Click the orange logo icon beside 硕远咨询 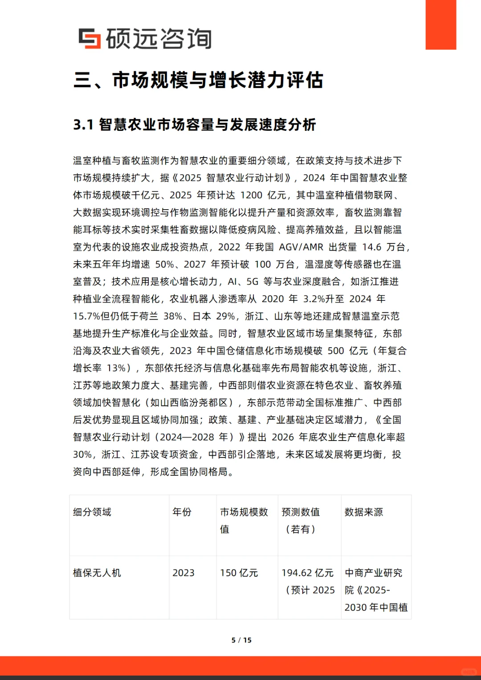90,38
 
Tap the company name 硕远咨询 159,39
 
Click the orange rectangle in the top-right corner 440,24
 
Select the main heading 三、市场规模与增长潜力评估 198,80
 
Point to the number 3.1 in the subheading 83,125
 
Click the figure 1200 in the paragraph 251,195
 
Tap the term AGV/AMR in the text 301,247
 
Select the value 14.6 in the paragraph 372,247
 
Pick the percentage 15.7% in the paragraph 87,316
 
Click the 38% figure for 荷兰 173,316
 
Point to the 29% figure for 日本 225,316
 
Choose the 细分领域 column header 92,512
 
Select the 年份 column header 182,512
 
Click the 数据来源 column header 363,512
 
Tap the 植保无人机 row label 97,573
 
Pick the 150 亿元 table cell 239,573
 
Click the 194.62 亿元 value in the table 307,573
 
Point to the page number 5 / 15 241,640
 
